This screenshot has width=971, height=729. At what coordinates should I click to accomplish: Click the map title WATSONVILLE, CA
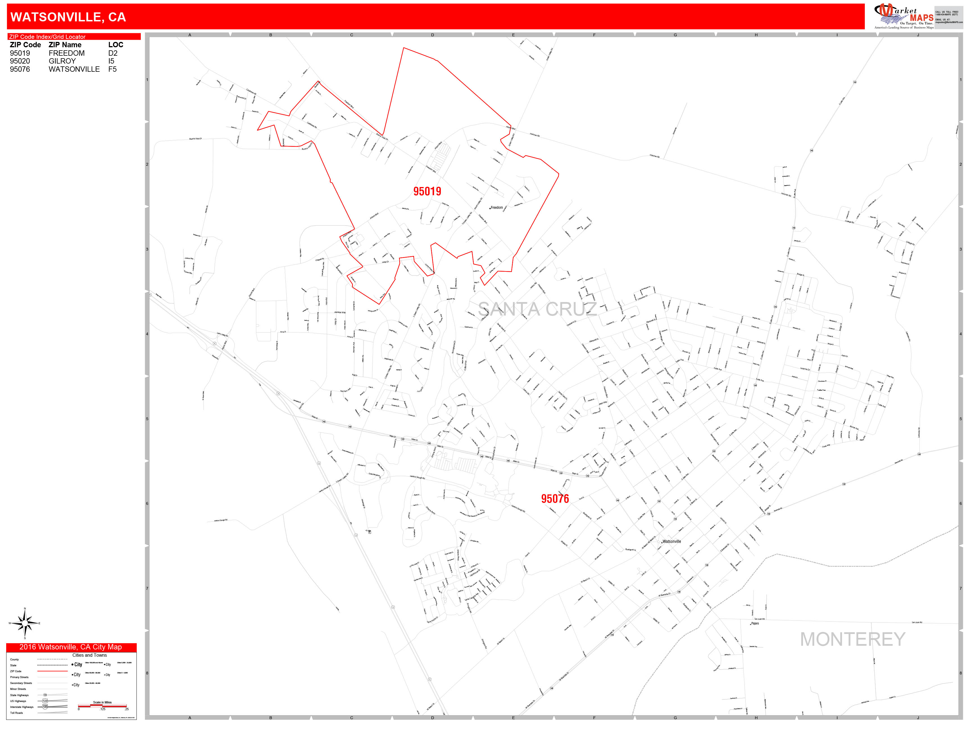68,17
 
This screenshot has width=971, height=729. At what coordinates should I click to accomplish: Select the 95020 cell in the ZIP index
20,61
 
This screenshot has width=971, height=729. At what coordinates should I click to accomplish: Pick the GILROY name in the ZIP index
62,61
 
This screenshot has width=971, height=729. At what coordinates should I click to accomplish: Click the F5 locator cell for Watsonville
112,69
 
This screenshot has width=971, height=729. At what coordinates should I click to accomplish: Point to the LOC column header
116,45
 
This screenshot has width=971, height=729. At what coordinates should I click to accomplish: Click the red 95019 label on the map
427,192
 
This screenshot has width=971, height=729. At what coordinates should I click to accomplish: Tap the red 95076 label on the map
555,499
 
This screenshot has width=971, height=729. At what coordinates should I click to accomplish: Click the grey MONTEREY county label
852,639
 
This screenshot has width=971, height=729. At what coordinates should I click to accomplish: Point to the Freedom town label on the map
497,207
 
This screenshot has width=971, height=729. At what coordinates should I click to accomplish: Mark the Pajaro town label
755,623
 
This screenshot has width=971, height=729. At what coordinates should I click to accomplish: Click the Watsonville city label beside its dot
671,541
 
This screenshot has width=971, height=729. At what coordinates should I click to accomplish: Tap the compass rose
24,623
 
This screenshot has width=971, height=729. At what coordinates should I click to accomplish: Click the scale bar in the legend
102,706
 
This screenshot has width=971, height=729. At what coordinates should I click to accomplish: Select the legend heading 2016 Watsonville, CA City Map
71,647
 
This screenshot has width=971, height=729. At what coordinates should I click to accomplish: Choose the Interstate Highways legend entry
22,707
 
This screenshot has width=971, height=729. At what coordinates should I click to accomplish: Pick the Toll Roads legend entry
17,713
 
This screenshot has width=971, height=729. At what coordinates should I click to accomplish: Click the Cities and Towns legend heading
90,655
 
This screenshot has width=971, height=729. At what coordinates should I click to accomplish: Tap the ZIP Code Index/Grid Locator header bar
74,37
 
